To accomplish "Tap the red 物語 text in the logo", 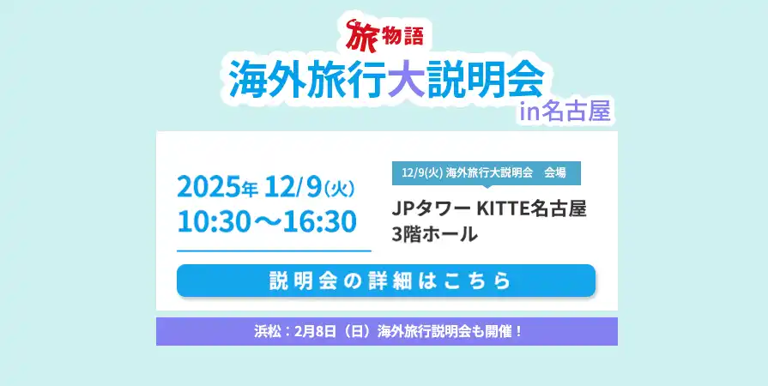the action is (x=402, y=37).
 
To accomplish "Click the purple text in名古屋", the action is (x=565, y=112).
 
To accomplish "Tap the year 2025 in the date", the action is (x=209, y=188).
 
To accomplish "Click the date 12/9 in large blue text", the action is (x=293, y=188).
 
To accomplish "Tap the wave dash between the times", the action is (x=267, y=223).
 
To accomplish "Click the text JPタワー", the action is (x=432, y=209).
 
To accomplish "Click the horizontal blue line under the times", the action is (x=275, y=250).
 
